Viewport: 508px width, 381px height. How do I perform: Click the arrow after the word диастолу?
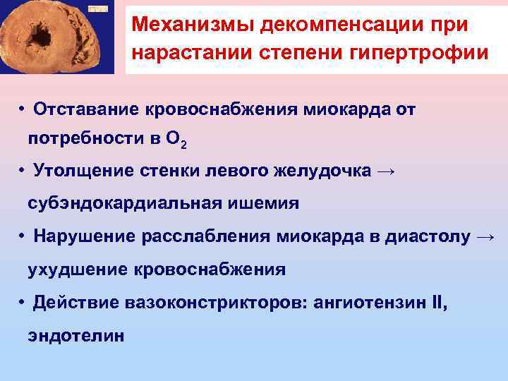[x=487, y=237]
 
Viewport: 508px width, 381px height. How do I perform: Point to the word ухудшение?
[x=75, y=269]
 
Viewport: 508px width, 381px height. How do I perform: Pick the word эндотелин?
[x=75, y=336]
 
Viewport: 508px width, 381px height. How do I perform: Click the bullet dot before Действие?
[x=23, y=303]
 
